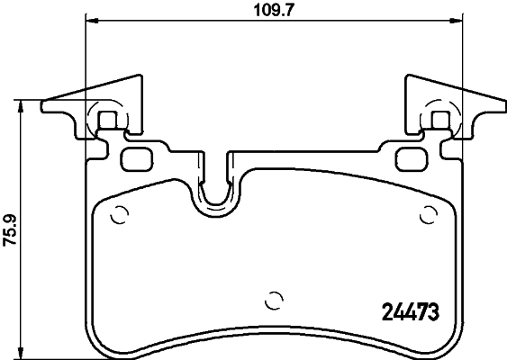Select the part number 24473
point(405,313)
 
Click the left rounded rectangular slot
point(137,158)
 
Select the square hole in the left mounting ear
point(107,120)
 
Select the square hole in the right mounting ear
point(439,120)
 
